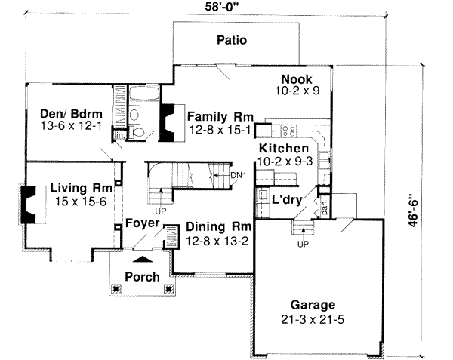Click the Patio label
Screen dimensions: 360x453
pos(232,40)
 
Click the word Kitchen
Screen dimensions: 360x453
pos(282,149)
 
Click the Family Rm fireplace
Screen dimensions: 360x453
pos(166,122)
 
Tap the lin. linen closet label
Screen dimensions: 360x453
pos(119,135)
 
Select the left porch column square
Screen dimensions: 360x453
pos(116,288)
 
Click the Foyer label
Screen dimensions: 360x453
pos(141,223)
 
